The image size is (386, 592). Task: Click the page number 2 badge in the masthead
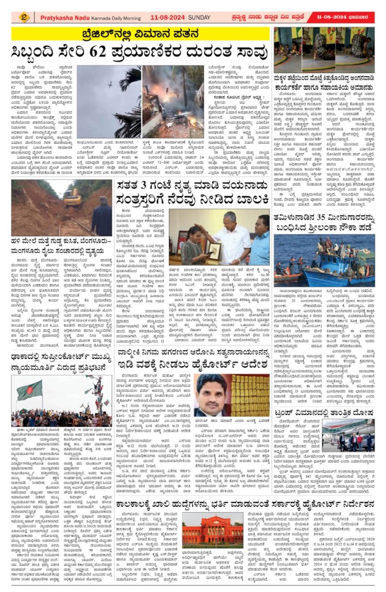23,17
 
